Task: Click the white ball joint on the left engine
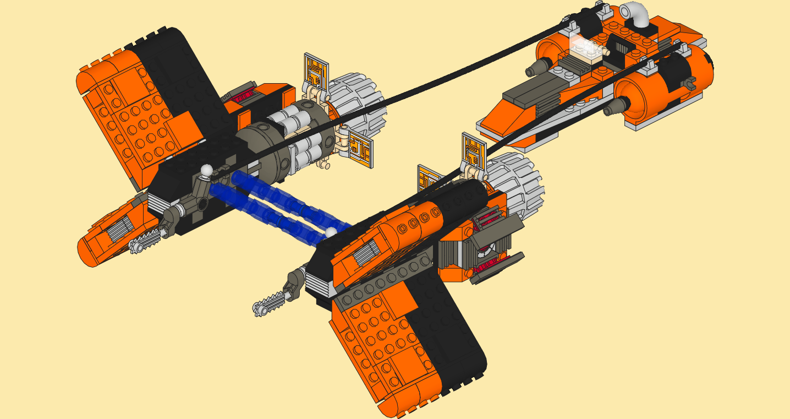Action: click(x=206, y=170)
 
